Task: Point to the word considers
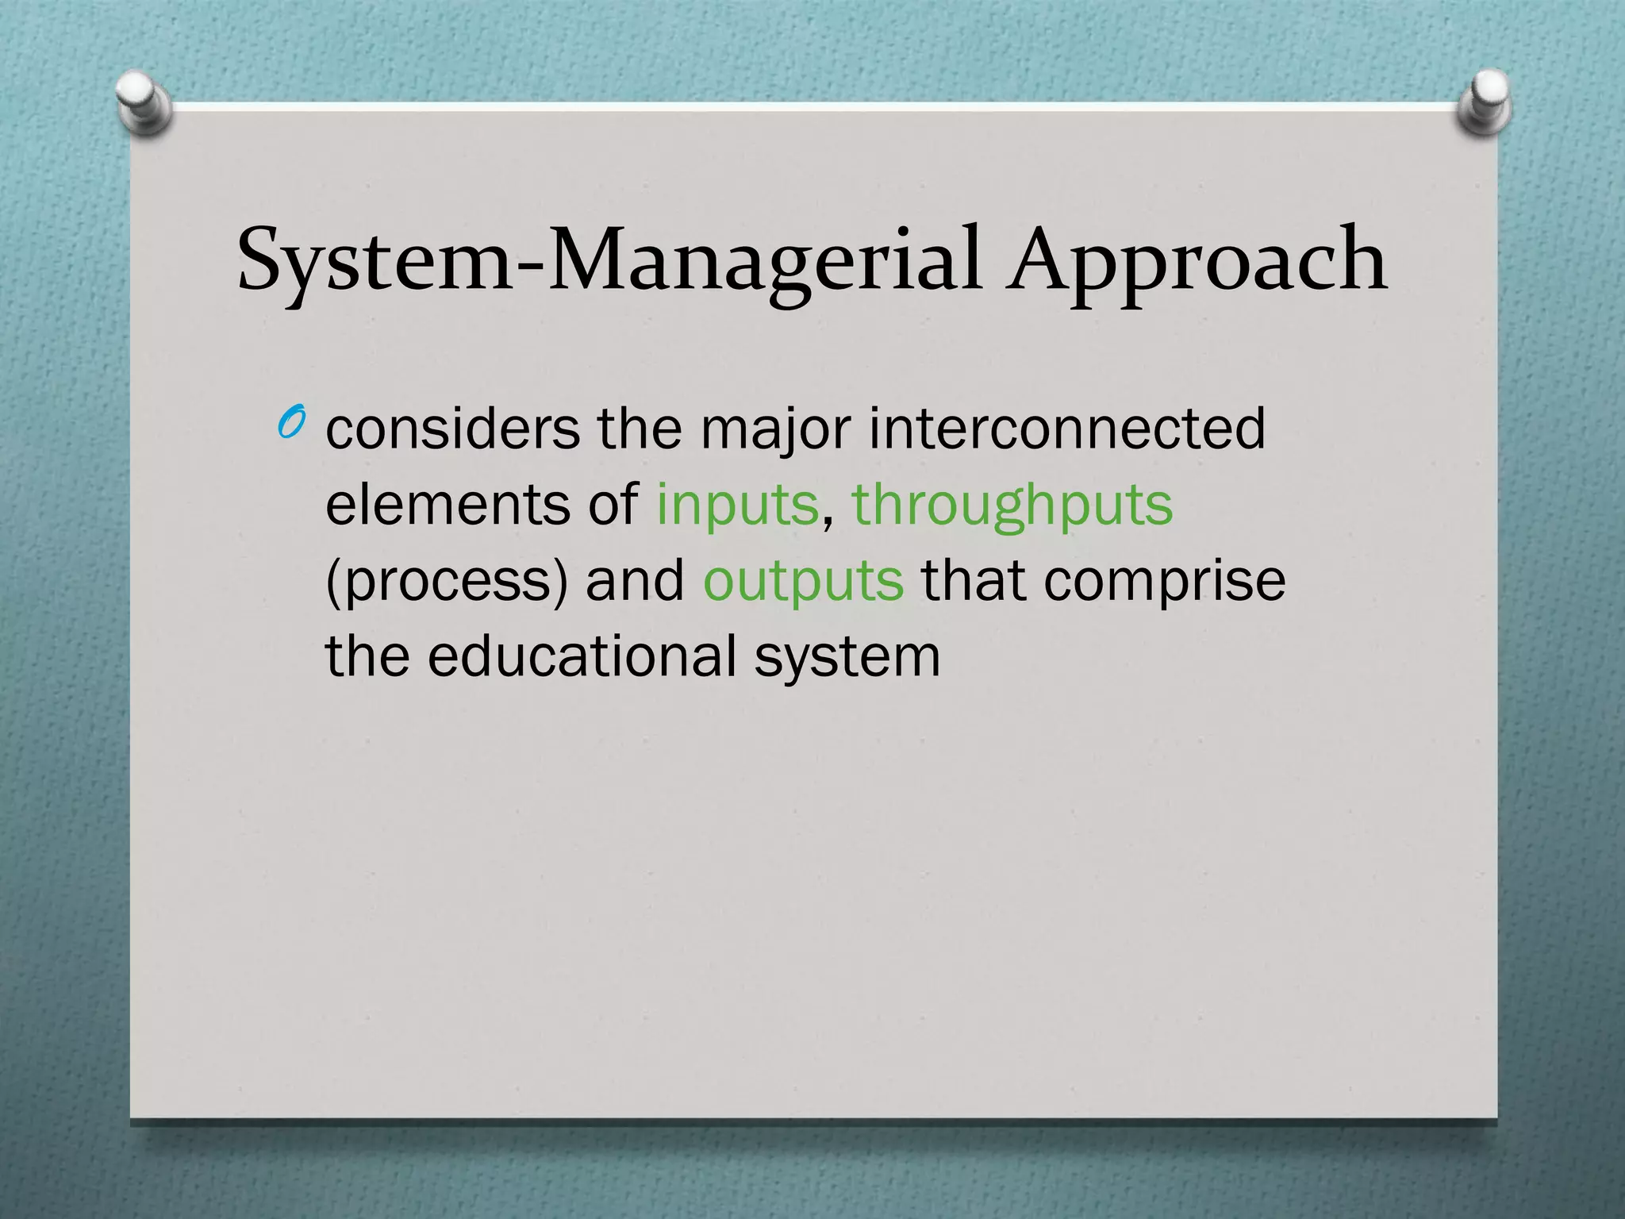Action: click(453, 429)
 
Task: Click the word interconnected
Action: click(1067, 429)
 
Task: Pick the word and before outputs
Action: click(635, 580)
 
